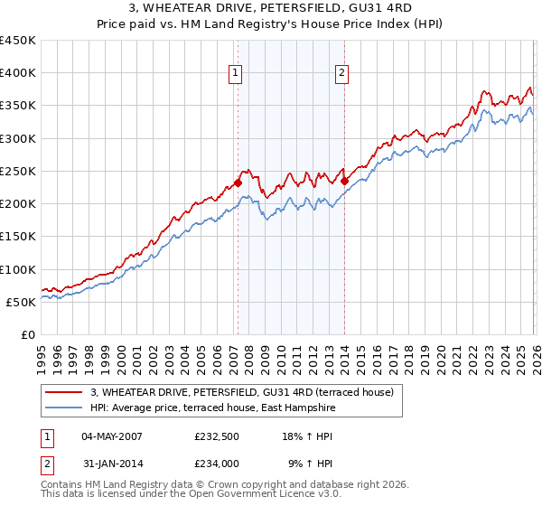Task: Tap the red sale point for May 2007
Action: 238,183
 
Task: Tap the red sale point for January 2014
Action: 344,181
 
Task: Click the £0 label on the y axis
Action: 27,334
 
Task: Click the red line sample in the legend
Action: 65,393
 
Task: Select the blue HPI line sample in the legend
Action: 65,408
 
